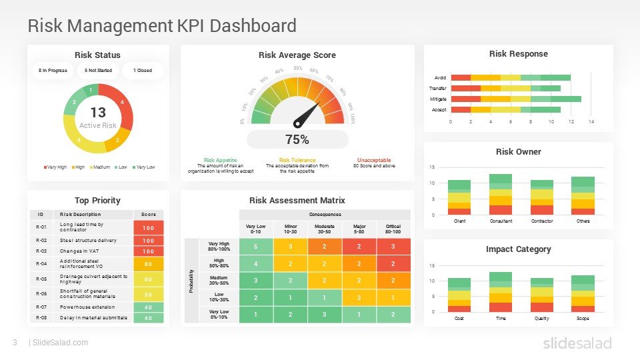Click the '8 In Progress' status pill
click(53, 70)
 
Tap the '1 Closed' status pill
click(142, 70)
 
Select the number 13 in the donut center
click(98, 113)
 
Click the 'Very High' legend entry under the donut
click(55, 167)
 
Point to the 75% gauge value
click(297, 139)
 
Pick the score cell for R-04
click(149, 263)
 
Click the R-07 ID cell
click(41, 307)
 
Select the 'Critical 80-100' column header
click(393, 229)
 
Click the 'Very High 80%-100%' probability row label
click(219, 247)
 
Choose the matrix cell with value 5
click(256, 247)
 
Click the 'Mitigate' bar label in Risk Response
click(439, 99)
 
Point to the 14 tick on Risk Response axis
click(591, 122)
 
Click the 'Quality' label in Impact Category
click(541, 318)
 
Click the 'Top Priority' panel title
click(97, 200)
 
